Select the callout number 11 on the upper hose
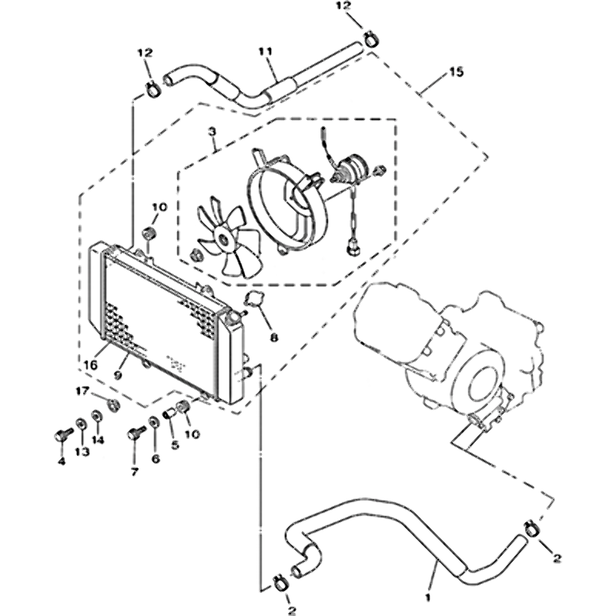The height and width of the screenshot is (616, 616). click(x=266, y=52)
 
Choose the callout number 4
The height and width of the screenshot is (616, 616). click(x=61, y=462)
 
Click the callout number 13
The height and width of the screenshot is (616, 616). click(x=82, y=452)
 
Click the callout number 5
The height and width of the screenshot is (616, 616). click(x=174, y=445)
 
